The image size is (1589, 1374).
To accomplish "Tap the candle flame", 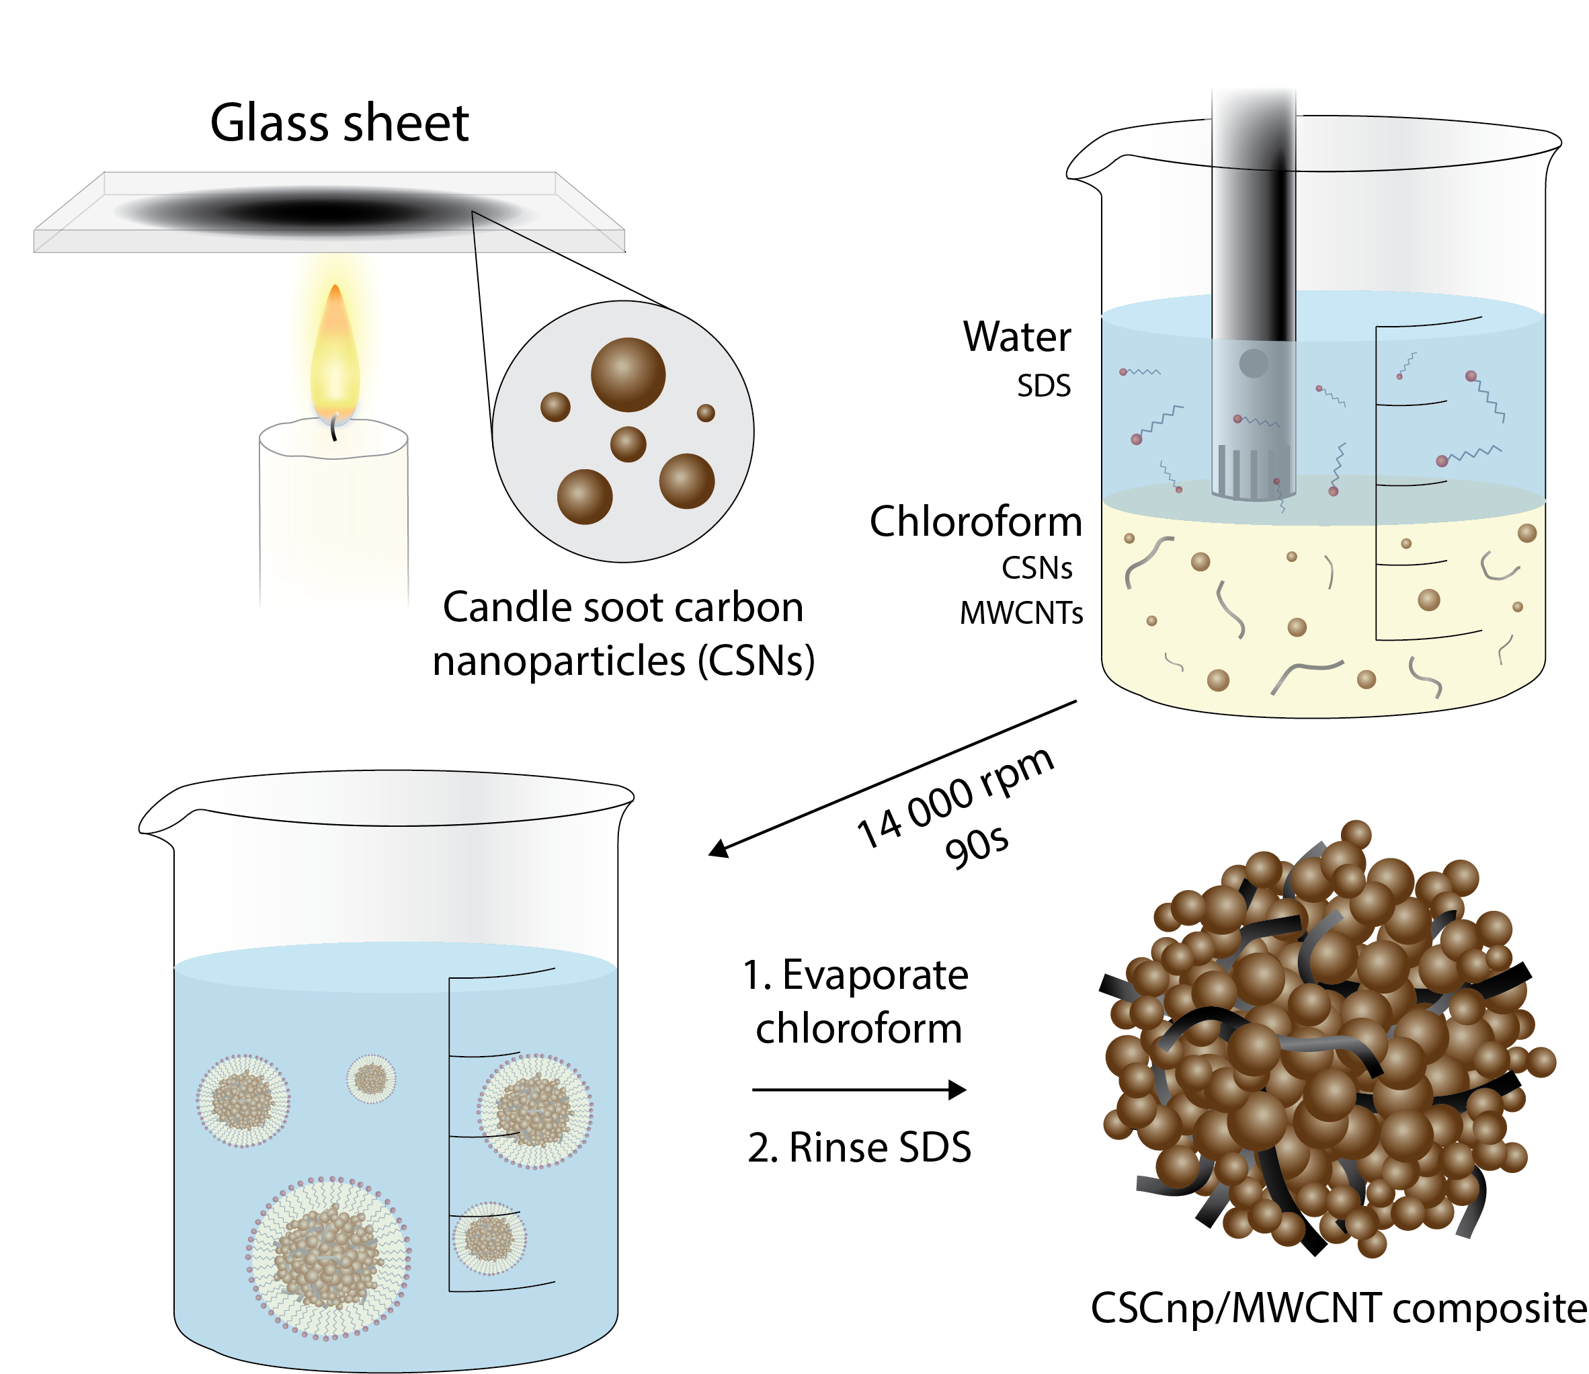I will pyautogui.click(x=335, y=353).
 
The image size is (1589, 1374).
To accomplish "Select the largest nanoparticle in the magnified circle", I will pyautogui.click(x=627, y=374).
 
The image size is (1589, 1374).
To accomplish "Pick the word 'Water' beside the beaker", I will pyautogui.click(x=1016, y=337).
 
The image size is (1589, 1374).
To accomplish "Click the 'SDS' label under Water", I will pyautogui.click(x=1043, y=386).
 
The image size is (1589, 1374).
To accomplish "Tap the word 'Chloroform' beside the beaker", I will pyautogui.click(x=975, y=522).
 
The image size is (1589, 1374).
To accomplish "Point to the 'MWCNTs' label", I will pyautogui.click(x=1021, y=613).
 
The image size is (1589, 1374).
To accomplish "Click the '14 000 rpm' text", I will pyautogui.click(x=954, y=797).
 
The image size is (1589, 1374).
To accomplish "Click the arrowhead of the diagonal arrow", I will pyautogui.click(x=719, y=849).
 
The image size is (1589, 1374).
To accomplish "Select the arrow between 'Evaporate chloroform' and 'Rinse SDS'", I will pyautogui.click(x=859, y=1090).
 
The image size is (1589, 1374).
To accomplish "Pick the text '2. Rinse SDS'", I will pyautogui.click(x=859, y=1148).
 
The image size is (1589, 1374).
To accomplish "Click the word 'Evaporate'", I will pyautogui.click(x=875, y=975).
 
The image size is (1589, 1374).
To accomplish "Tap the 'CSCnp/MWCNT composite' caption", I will pyautogui.click(x=1338, y=1308).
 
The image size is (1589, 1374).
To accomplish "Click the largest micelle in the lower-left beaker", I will pyautogui.click(x=328, y=1258).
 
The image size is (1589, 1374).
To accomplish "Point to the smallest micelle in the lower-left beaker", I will pyautogui.click(x=371, y=1079).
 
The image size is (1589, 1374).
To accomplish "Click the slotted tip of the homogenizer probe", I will pyautogui.click(x=1253, y=471).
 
